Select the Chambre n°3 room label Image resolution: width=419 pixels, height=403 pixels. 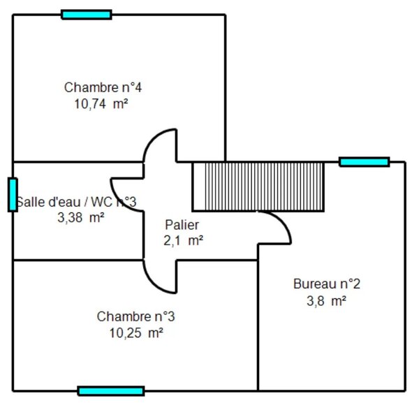[x=135, y=316]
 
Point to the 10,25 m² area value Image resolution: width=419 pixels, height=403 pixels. [x=135, y=332]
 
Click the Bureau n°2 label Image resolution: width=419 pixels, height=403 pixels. [x=326, y=284]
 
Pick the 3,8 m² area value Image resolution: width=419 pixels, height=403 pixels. [x=326, y=301]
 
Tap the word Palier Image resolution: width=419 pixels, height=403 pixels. [x=182, y=225]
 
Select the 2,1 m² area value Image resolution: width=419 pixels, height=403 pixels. [x=182, y=241]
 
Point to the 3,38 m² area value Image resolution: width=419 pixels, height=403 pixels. [x=80, y=217]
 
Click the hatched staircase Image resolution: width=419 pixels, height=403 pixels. [x=258, y=186]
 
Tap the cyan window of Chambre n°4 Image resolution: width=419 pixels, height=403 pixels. [x=86, y=14]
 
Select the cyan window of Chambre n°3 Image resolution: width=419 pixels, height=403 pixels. [x=110, y=391]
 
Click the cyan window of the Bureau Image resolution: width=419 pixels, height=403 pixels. [x=364, y=162]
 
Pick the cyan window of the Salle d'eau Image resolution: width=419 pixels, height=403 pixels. [x=13, y=194]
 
